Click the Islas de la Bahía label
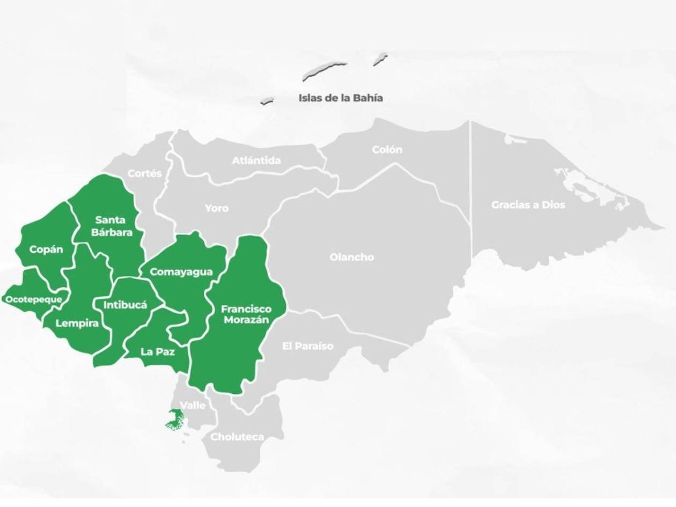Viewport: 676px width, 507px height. click(341, 98)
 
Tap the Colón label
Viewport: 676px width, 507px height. click(387, 150)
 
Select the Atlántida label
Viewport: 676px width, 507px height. click(256, 160)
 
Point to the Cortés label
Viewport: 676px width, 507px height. click(144, 173)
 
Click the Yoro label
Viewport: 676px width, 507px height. click(217, 208)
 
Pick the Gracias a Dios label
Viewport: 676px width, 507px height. click(528, 205)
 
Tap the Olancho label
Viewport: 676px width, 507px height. click(352, 258)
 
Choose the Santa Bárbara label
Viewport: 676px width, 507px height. click(111, 226)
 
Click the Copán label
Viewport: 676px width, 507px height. click(46, 249)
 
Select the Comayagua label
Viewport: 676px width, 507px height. click(181, 272)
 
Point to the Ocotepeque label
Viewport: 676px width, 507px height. click(33, 299)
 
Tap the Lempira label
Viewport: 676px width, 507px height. click(77, 324)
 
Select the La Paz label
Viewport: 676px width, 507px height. click(157, 352)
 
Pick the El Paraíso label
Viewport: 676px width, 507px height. click(307, 346)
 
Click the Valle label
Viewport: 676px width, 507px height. click(192, 406)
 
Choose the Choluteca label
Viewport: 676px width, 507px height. click(237, 437)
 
